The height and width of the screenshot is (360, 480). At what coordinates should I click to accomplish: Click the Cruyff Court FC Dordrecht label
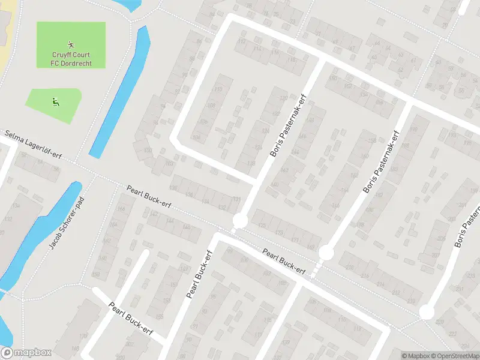71,58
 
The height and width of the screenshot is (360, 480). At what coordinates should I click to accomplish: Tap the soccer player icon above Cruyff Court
71,44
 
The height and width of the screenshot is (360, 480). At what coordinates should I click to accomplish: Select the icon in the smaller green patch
55,101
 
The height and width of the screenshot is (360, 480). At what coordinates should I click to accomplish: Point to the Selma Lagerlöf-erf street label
32,146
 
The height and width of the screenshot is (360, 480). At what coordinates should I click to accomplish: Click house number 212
395,292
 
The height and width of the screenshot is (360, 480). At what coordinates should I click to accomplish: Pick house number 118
292,60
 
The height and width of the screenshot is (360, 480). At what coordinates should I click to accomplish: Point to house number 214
380,284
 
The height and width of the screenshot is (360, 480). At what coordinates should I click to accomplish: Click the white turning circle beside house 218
326,253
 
